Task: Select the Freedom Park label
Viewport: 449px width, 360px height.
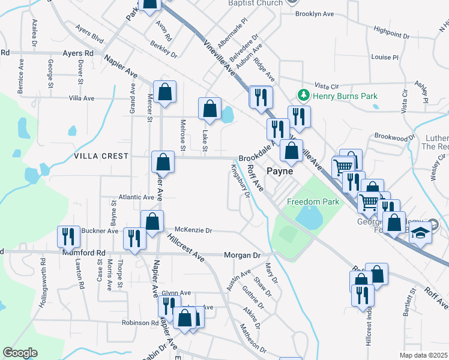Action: (x=313, y=202)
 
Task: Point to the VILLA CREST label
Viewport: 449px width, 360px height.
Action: (x=101, y=156)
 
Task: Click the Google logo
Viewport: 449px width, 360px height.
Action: (x=20, y=353)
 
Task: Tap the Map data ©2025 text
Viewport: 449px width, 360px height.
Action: (x=423, y=355)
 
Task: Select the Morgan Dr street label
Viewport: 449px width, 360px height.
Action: (x=242, y=256)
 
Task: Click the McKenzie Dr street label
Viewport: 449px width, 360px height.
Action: (x=193, y=230)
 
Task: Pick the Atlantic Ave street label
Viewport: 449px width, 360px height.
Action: (x=136, y=197)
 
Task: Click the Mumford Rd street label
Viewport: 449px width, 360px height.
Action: (x=83, y=254)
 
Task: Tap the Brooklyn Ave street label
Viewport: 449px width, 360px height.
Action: (x=314, y=13)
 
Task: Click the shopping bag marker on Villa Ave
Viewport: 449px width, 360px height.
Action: (x=164, y=92)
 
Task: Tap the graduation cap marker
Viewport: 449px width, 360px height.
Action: (x=421, y=231)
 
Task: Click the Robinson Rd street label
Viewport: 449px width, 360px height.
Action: (x=139, y=323)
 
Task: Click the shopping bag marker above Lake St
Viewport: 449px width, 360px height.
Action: (x=209, y=109)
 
